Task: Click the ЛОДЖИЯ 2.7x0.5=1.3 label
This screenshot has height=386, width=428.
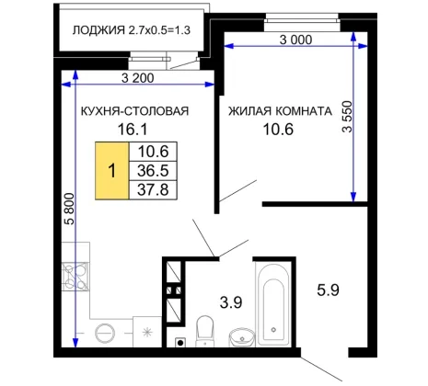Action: point(132,30)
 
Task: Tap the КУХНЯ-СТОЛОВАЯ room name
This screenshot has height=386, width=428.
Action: point(134,111)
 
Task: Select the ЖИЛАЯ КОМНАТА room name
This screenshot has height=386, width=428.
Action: point(280,111)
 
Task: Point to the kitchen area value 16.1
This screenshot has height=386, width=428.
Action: point(133,130)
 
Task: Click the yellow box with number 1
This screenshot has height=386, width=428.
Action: point(112,171)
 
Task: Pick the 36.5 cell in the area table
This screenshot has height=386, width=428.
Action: point(153,171)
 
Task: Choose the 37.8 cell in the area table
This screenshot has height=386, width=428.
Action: point(153,190)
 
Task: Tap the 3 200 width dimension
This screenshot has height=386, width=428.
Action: point(138,78)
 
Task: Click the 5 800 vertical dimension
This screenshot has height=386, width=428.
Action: point(70,209)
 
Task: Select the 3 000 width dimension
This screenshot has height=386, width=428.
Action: point(295,40)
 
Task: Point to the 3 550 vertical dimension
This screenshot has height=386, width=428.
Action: point(348,117)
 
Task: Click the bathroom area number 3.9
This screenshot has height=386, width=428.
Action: point(231,302)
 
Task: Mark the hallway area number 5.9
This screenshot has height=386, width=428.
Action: point(328,289)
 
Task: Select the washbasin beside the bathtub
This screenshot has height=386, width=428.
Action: point(242,337)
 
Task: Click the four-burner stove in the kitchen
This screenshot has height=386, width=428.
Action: point(75,277)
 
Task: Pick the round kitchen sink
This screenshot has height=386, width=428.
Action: point(105,333)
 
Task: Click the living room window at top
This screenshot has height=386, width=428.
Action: point(302,21)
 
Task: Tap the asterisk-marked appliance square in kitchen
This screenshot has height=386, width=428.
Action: point(147,332)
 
